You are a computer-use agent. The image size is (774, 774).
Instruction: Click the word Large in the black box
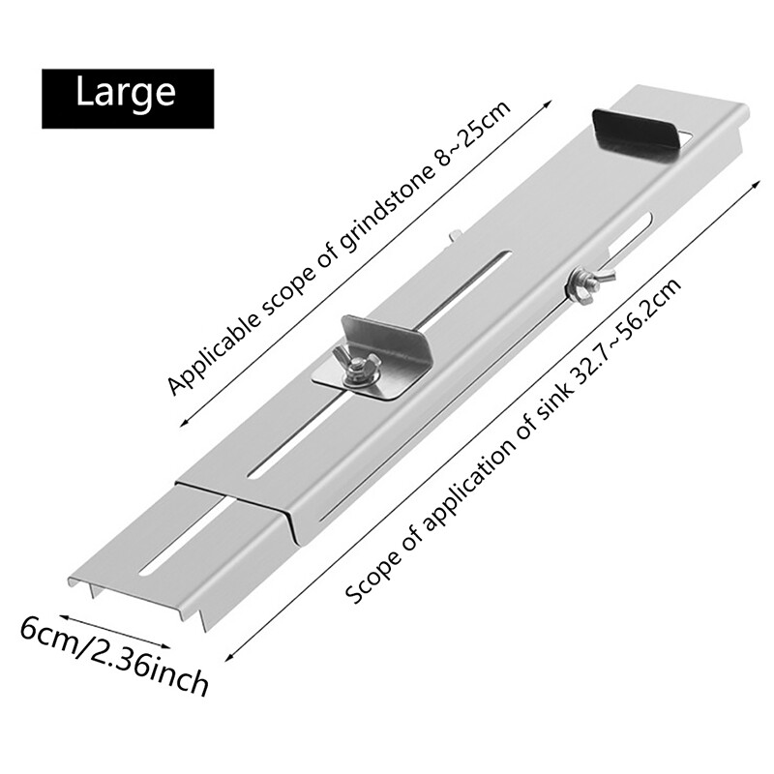(x=126, y=94)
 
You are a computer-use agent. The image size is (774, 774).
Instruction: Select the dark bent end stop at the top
(x=637, y=134)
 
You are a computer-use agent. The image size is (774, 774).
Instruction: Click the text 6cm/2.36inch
(x=114, y=656)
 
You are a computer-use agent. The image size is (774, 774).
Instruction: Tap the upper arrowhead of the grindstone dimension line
(x=548, y=104)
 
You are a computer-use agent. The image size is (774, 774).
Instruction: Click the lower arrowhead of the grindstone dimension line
(x=184, y=421)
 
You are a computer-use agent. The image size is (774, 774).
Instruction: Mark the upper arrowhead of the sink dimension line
(x=756, y=184)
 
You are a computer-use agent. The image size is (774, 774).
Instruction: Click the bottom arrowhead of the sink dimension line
(x=229, y=658)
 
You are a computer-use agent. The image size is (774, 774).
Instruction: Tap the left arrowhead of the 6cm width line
(x=63, y=616)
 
